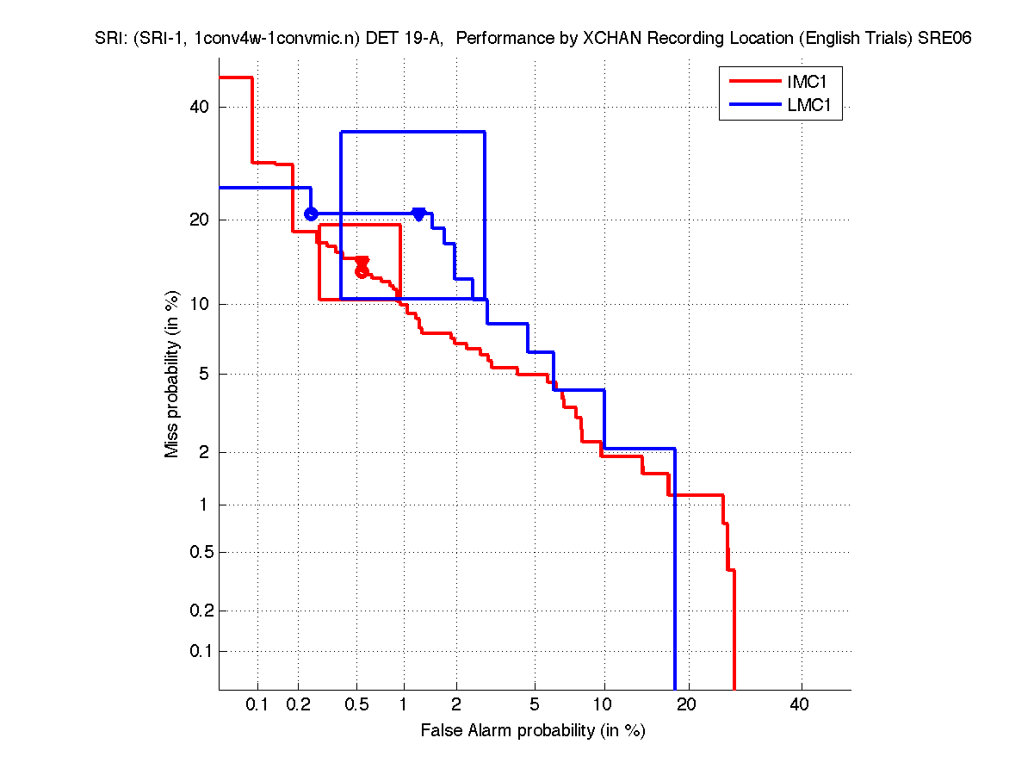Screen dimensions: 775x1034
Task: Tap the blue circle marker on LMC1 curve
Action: [311, 214]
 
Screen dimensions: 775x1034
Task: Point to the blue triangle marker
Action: [418, 214]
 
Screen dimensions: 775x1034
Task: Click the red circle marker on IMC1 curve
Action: [362, 271]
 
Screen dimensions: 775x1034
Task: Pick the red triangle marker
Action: [362, 262]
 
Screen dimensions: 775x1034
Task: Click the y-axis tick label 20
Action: [200, 220]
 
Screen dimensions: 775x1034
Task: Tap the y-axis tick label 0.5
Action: [197, 552]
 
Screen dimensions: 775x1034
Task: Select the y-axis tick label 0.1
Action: [197, 651]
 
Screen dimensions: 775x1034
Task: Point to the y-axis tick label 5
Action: [204, 374]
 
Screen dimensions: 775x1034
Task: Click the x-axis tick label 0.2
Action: [299, 704]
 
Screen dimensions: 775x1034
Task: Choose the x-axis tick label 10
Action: [604, 704]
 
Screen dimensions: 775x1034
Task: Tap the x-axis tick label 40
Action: [800, 704]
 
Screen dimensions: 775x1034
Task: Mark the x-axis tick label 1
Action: [403, 704]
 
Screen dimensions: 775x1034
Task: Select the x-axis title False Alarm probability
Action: [533, 731]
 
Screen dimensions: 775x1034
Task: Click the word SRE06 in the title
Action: [944, 39]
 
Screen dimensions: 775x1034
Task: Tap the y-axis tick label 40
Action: [200, 107]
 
